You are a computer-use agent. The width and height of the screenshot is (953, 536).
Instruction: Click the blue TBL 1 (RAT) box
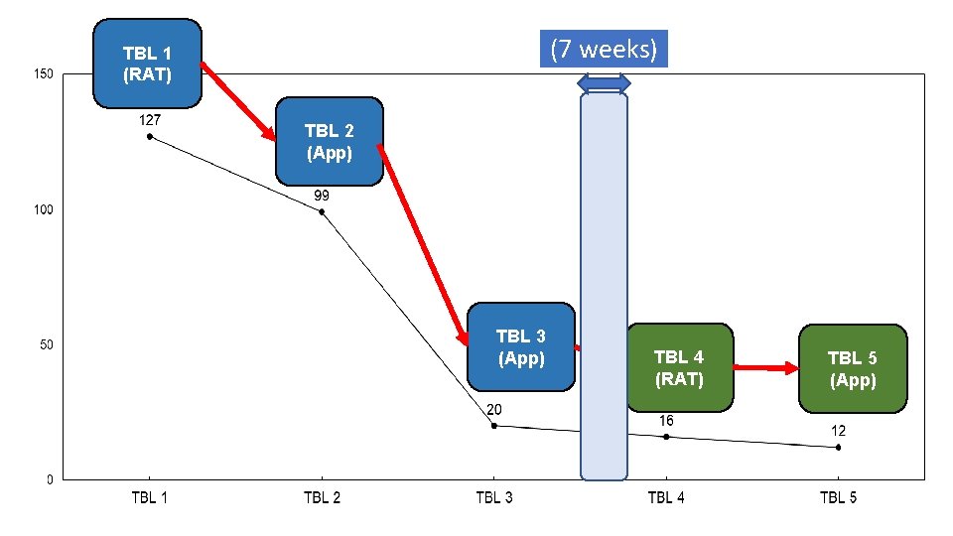pos(147,63)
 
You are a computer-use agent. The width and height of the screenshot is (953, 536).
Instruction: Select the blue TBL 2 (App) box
pos(329,141)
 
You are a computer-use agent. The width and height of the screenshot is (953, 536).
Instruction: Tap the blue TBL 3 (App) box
pos(521,347)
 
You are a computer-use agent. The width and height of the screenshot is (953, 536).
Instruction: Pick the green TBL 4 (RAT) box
pos(679,367)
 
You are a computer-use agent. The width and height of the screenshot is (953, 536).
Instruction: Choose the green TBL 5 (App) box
pos(853,367)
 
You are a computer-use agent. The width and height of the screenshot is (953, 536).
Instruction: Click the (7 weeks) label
pos(604,49)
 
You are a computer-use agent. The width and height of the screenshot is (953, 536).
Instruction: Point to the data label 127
pos(150,119)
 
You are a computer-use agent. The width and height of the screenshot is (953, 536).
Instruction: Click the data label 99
pos(322,196)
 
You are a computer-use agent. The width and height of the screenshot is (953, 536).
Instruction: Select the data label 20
pos(494,409)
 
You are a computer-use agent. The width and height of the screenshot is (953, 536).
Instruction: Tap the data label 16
pos(666,421)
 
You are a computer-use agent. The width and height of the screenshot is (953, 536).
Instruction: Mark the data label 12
pos(839,431)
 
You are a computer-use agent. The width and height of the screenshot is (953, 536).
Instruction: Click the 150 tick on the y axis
pos(44,74)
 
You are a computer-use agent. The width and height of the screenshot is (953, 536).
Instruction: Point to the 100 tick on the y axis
pos(44,209)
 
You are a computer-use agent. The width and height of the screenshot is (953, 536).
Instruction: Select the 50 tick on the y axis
pos(47,344)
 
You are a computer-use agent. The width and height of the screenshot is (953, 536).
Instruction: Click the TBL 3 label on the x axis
pos(494,497)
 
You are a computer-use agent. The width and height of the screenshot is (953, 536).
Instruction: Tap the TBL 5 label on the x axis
pos(839,497)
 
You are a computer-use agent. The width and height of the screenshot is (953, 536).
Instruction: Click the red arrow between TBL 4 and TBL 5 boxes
pos(766,368)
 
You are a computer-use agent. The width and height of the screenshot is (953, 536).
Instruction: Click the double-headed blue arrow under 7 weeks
pos(604,81)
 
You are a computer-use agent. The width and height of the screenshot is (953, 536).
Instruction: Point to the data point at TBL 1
pos(150,136)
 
